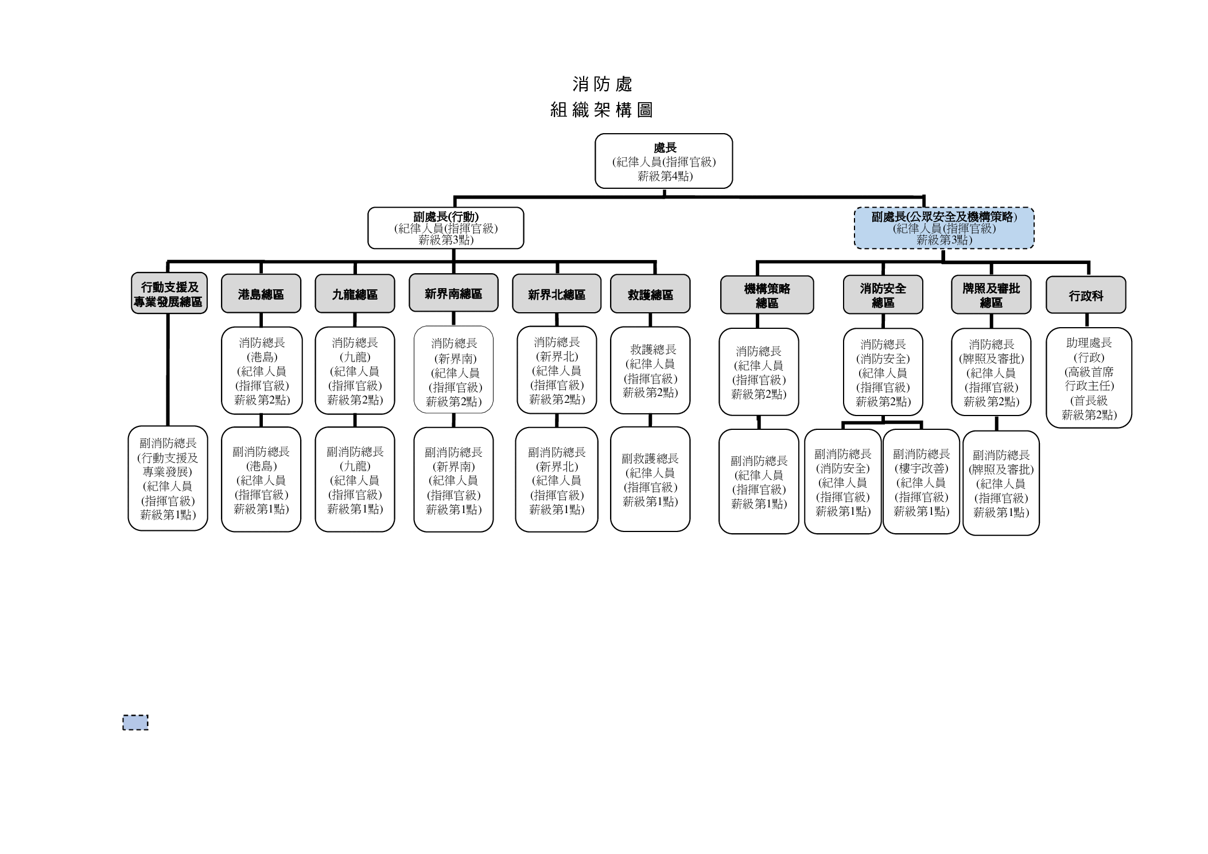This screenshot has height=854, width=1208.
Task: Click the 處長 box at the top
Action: click(x=663, y=161)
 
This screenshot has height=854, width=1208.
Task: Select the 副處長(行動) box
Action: click(x=445, y=228)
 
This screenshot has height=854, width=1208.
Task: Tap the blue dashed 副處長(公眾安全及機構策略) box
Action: click(x=944, y=228)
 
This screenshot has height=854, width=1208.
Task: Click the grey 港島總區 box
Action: click(x=261, y=294)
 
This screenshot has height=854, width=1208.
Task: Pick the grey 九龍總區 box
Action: click(x=355, y=294)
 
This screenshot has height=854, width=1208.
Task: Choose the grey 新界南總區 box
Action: click(x=453, y=293)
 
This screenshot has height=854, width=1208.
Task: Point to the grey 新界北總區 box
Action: click(x=556, y=294)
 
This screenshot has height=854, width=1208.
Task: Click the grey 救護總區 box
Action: click(x=650, y=294)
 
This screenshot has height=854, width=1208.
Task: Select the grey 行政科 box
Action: click(x=1085, y=295)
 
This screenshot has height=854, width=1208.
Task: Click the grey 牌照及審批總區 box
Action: click(x=991, y=295)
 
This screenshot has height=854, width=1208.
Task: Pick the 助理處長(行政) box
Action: click(x=1089, y=378)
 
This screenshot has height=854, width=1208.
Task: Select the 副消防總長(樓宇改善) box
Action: click(x=921, y=481)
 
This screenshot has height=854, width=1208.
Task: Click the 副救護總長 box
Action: click(x=650, y=479)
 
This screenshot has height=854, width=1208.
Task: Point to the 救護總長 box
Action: click(x=650, y=370)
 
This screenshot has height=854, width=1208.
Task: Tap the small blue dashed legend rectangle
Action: click(x=135, y=722)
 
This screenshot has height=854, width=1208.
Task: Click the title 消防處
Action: click(x=602, y=84)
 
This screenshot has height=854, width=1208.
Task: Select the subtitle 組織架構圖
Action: click(x=601, y=110)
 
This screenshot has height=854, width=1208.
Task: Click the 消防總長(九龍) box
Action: click(x=355, y=370)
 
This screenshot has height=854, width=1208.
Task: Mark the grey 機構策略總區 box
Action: click(x=767, y=295)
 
